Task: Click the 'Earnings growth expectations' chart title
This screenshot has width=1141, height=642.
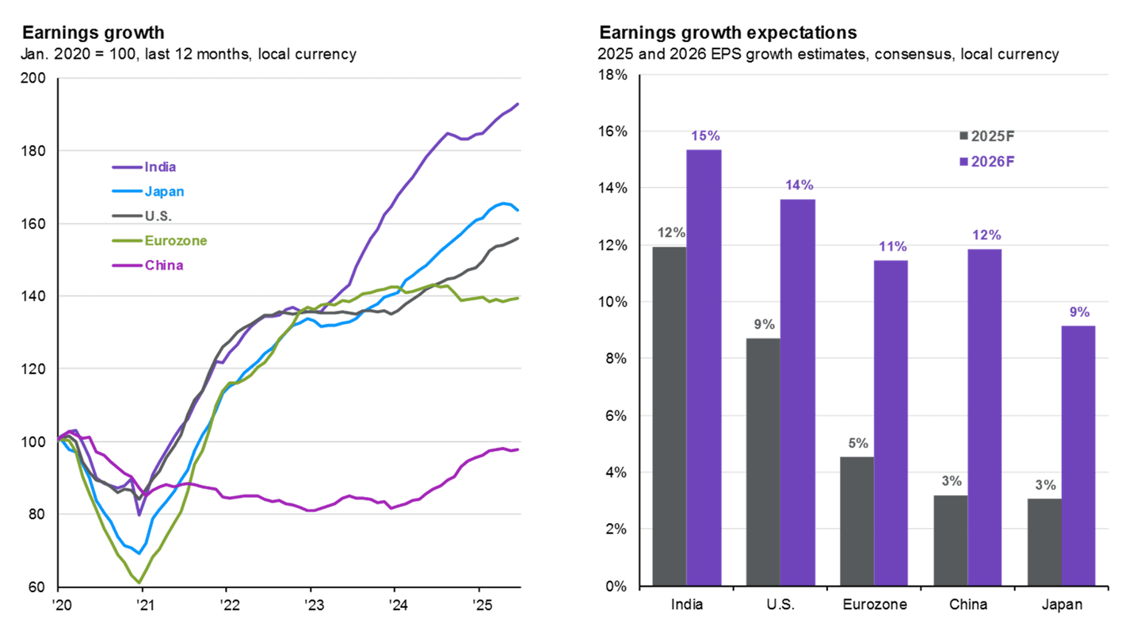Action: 728,32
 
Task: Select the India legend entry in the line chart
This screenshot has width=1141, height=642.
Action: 159,166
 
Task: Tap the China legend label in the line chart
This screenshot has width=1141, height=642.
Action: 163,265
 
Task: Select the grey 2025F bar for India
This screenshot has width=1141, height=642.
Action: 669,416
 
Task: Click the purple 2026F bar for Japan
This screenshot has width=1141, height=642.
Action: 1078,456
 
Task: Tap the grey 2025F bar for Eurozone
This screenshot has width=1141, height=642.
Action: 857,521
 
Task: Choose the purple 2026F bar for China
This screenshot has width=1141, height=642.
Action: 984,418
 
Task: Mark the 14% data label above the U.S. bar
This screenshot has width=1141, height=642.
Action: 799,185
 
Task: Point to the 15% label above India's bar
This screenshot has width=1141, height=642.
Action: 704,136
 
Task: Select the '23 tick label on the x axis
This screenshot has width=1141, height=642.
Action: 311,604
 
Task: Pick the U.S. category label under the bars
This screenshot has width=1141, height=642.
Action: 781,605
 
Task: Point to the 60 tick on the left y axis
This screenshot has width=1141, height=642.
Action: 38,587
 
